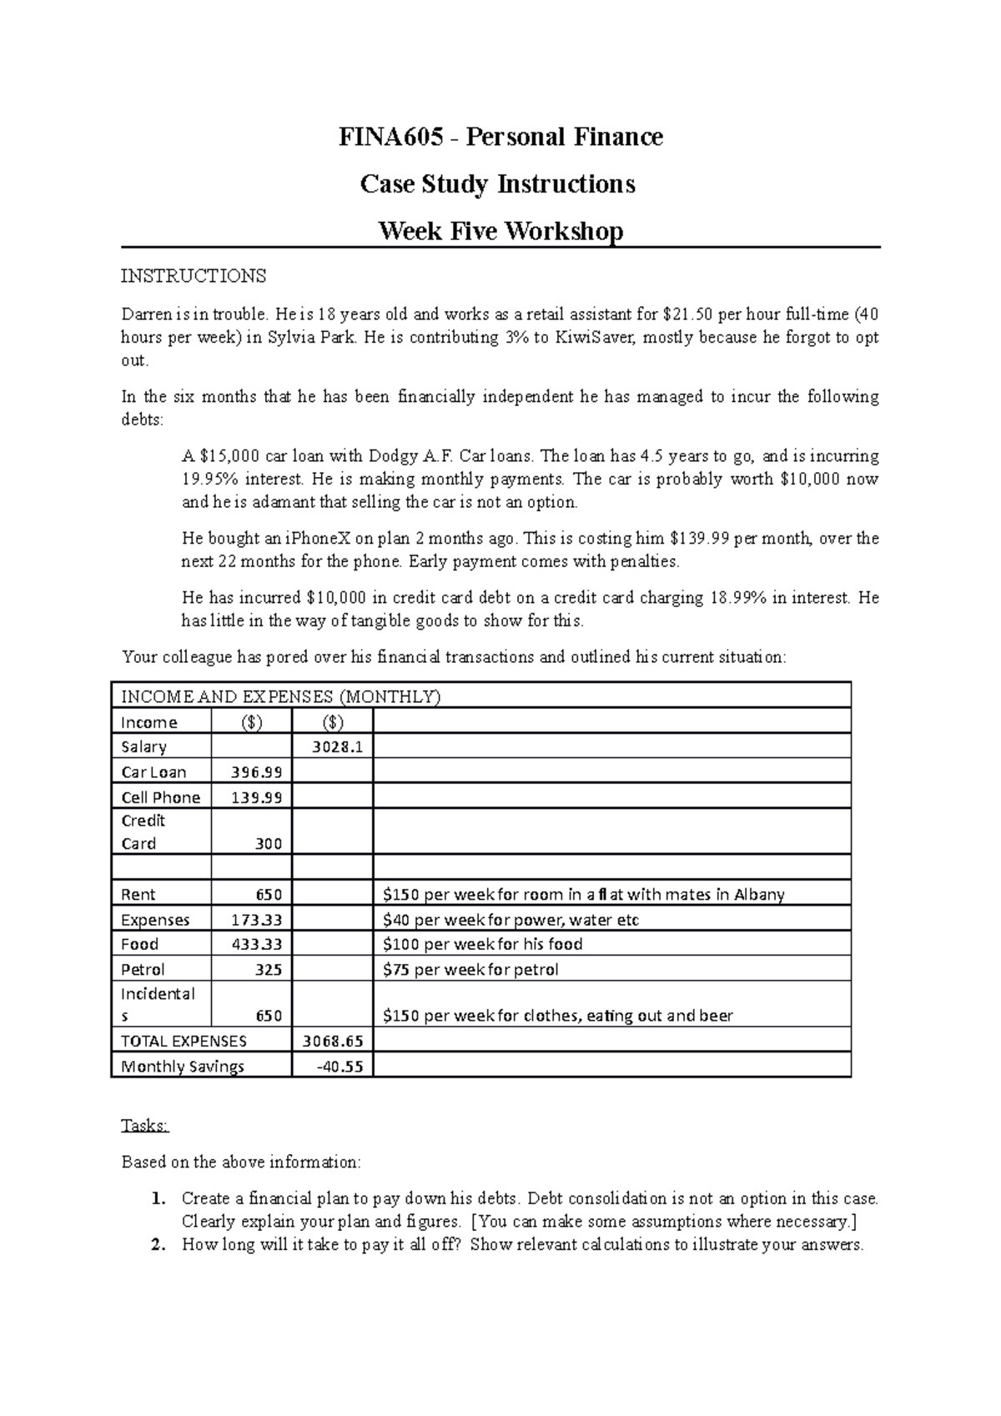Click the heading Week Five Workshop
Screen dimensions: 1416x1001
coord(500,230)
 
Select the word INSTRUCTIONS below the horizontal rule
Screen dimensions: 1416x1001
coord(194,275)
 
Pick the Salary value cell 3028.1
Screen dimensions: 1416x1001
coord(337,747)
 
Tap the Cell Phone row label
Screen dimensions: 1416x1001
coord(160,797)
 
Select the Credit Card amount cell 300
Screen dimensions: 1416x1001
coord(268,844)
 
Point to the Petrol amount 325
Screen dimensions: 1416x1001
coord(268,970)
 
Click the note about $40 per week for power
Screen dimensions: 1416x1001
coord(511,920)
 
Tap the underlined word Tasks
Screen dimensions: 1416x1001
coord(145,1126)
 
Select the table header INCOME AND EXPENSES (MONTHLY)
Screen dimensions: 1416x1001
coord(280,697)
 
